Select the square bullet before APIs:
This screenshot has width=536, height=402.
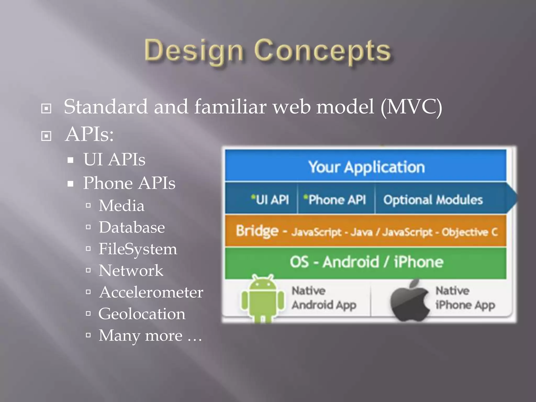[46, 136]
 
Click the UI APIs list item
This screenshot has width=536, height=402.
[114, 159]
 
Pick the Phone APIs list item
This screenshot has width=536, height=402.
[129, 183]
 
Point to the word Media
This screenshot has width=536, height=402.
[121, 206]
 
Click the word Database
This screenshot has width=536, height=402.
[132, 227]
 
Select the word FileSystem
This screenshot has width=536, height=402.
[138, 249]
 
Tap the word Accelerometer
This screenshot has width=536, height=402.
[151, 292]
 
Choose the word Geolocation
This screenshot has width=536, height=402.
[142, 314]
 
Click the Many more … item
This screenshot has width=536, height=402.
[150, 336]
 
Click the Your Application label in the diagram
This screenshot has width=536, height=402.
[366, 167]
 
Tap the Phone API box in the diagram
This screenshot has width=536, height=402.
[335, 200]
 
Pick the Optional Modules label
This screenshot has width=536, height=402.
[433, 200]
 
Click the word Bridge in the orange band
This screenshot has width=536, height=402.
[257, 231]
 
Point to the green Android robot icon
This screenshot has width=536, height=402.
[263, 298]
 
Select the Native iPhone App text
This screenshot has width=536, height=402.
[465, 298]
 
